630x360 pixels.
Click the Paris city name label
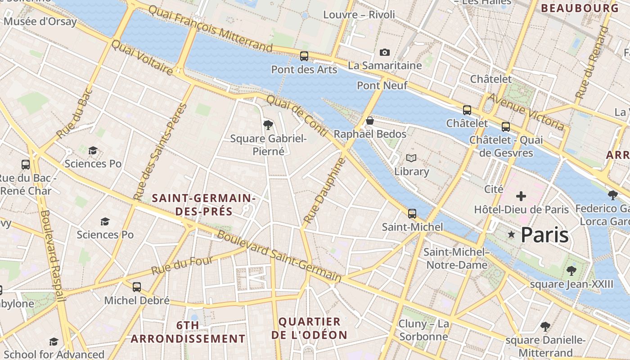[x=544, y=235]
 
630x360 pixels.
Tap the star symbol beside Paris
[x=511, y=234]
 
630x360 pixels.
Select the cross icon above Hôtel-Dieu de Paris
[x=521, y=196]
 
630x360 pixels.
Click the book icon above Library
[x=411, y=158]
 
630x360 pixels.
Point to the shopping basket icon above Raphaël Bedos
[x=370, y=121]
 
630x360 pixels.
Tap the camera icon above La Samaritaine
[x=384, y=52]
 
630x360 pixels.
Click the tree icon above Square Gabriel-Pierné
[x=268, y=125]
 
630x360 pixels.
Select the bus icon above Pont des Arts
[x=304, y=56]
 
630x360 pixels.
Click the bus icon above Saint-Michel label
[x=412, y=214]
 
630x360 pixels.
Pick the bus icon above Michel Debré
[x=137, y=287]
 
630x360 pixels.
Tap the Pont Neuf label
[x=382, y=85]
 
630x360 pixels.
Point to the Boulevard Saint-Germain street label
[x=279, y=256]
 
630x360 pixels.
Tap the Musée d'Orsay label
[x=40, y=21]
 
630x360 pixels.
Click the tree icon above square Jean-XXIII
[x=571, y=270]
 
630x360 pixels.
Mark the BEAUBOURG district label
[x=580, y=8]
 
